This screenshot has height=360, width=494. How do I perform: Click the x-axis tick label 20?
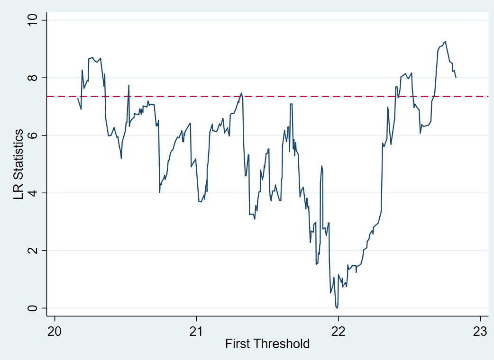pyautogui.click(x=55, y=331)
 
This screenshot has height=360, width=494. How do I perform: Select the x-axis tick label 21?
pyautogui.click(x=196, y=331)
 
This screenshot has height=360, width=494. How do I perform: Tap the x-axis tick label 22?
pyautogui.click(x=338, y=331)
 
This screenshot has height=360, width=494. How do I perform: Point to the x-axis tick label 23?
pyautogui.click(x=480, y=331)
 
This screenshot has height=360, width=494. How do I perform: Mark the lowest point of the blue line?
pyautogui.click(x=337, y=308)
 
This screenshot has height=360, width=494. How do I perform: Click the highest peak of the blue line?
pyautogui.click(x=445, y=41)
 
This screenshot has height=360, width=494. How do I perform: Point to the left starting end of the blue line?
pyautogui.click(x=78, y=98)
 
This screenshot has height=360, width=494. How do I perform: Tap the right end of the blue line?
pyautogui.click(x=456, y=77)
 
